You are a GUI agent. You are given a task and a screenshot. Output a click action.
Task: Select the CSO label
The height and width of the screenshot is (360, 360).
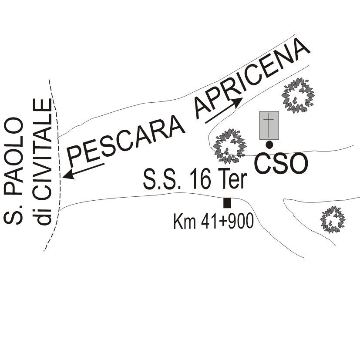[281, 164]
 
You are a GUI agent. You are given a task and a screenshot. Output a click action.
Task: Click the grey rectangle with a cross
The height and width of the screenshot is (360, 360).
[269, 125]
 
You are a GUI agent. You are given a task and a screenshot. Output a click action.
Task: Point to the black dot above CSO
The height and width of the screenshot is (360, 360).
[269, 145]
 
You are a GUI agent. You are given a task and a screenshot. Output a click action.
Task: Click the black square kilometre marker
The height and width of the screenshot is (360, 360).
[227, 203]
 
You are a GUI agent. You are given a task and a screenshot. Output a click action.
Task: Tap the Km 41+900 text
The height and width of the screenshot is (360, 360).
[214, 221]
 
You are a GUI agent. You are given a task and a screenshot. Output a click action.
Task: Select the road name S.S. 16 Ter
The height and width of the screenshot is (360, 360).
[195, 179]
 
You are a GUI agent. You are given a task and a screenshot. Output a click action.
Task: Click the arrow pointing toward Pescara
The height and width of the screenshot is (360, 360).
[84, 171]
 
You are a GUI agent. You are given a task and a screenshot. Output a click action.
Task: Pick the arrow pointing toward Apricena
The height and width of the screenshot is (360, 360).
[224, 111]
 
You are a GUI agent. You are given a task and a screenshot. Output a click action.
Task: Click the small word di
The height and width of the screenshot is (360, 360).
[42, 215]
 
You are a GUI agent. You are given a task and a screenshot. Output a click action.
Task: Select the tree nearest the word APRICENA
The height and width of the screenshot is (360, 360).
[298, 95]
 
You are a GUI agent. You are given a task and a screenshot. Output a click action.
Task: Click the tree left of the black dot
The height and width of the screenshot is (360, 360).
[229, 146]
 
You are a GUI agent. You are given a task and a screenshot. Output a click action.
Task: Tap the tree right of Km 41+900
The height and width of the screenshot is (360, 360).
[333, 219]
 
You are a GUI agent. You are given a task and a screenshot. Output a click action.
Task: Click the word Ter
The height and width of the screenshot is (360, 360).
[232, 178]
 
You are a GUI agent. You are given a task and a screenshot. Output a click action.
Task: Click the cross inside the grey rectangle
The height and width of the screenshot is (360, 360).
[269, 125]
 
